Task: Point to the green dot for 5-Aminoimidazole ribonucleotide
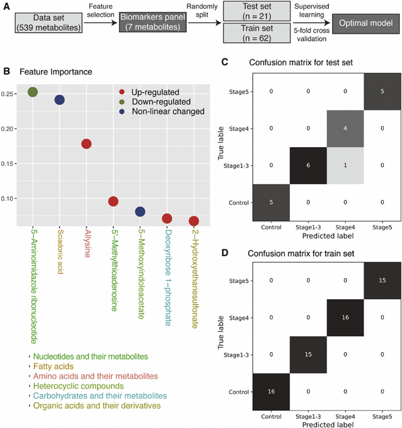(x=32, y=92)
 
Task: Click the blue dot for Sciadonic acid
(x=59, y=100)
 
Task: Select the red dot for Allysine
(x=86, y=144)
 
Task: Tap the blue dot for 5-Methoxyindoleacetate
(x=140, y=212)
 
